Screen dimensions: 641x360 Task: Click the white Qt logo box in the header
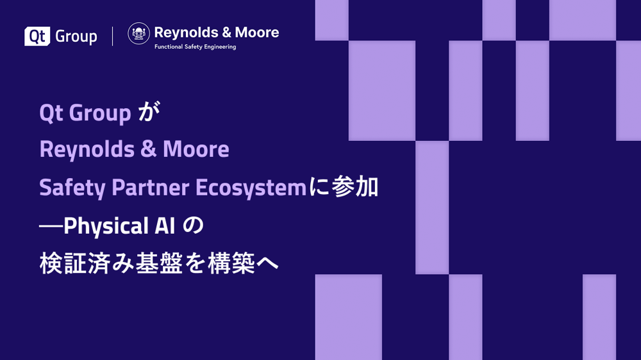pyautogui.click(x=37, y=36)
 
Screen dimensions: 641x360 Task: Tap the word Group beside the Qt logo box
pyautogui.click(x=76, y=37)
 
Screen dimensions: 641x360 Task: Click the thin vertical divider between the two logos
pyautogui.click(x=112, y=36)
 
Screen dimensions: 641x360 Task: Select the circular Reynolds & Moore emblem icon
pyautogui.click(x=138, y=33)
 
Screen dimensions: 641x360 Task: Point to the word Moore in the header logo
pyautogui.click(x=257, y=32)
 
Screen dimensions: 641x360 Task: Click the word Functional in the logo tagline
pyautogui.click(x=169, y=47)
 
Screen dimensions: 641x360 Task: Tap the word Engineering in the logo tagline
pyautogui.click(x=221, y=47)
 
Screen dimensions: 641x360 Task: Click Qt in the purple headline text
pyautogui.click(x=51, y=113)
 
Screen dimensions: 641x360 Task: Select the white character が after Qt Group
pyautogui.click(x=149, y=112)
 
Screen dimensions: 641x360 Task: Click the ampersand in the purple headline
pyautogui.click(x=149, y=149)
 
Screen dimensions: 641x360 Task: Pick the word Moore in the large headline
pyautogui.click(x=196, y=149)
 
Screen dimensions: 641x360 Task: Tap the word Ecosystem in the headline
pyautogui.click(x=251, y=188)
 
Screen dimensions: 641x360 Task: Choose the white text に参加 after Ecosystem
pyautogui.click(x=344, y=188)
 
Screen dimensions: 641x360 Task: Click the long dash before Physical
pyautogui.click(x=51, y=225)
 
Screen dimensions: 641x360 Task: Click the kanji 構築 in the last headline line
pyautogui.click(x=231, y=263)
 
